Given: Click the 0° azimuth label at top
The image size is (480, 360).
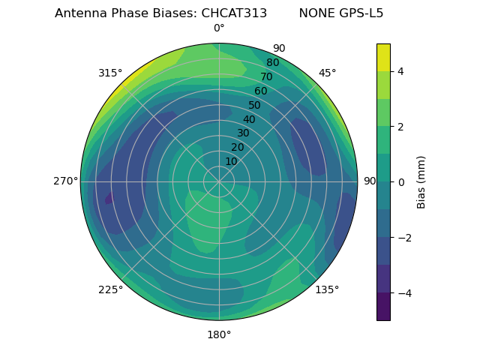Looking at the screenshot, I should coord(219,28).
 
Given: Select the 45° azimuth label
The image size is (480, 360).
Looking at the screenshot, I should coord(327,73).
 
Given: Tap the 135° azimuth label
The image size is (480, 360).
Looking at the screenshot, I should coord(327,289).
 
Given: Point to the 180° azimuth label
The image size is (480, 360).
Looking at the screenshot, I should coord(219,334).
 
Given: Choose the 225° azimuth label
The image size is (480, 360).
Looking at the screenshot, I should coord(110,289).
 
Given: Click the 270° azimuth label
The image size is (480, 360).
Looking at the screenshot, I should coord(65,181).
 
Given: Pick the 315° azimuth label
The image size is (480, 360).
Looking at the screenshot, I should coord(110,73).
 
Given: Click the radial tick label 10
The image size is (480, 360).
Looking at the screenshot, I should coord(231,161).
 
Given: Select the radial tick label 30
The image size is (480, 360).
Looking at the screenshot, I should coord(243,133).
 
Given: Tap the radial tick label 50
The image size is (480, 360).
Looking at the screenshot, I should coord(254,106).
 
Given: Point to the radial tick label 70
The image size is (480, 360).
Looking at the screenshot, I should coord(266,76).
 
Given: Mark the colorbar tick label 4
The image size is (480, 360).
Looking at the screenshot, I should coord(401,71).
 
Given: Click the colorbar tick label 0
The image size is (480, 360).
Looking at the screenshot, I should coord(401,182).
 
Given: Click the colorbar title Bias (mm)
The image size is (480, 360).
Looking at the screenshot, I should coord(421,182).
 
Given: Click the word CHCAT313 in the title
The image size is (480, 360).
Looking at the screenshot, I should coord(234,13).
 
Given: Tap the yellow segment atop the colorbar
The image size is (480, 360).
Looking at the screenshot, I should coord(383,57).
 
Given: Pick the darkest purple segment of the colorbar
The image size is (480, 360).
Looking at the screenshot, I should coord(383,307).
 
